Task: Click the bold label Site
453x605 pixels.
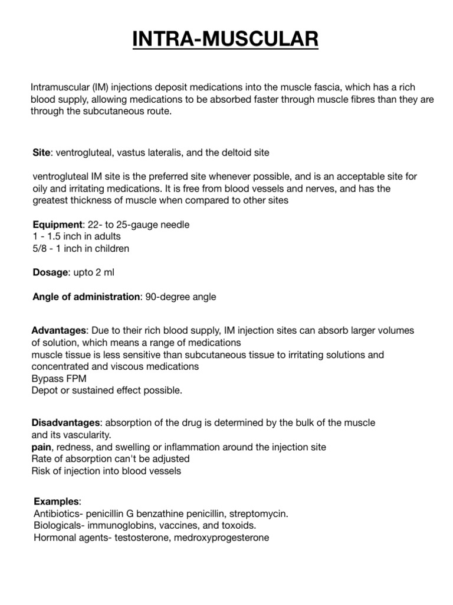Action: [x=41, y=152]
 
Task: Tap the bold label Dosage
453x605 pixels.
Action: [x=51, y=272]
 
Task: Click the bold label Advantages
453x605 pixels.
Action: [x=58, y=330]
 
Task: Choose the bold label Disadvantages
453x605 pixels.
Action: [x=65, y=423]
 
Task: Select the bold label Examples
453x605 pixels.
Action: [x=56, y=502]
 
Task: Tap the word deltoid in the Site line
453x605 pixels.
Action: [x=226, y=152]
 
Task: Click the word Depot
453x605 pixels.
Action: [x=45, y=391]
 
